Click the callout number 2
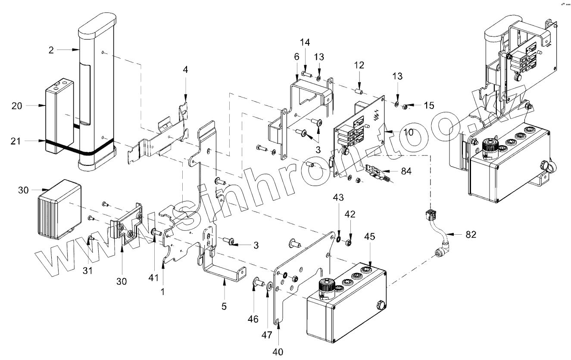(51, 50)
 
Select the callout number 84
(406, 171)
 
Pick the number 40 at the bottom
(278, 351)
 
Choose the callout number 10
(408, 132)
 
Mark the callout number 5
(224, 307)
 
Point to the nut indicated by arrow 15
(405, 106)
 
